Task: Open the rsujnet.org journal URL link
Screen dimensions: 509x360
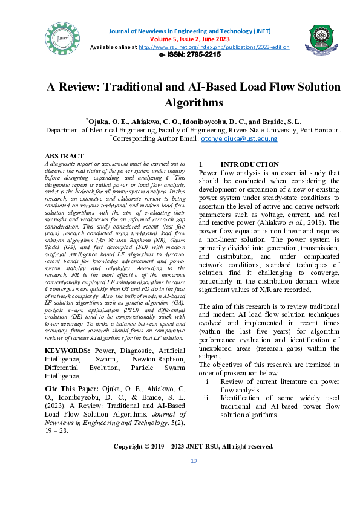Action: pyautogui.click(x=214, y=47)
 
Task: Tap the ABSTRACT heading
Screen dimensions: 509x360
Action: pyautogui.click(x=64, y=156)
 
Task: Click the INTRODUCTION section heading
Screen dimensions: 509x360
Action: pyautogui.click(x=249, y=164)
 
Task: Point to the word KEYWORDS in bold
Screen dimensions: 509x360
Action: pyautogui.click(x=68, y=351)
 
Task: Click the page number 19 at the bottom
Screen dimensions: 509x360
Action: pyautogui.click(x=194, y=461)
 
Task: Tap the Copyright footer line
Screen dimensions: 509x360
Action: pyautogui.click(x=194, y=446)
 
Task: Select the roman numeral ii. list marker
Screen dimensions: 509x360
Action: pyautogui.click(x=207, y=398)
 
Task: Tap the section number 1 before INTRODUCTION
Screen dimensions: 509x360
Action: pyautogui.click(x=200, y=164)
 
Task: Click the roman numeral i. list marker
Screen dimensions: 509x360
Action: pyautogui.click(x=208, y=381)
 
